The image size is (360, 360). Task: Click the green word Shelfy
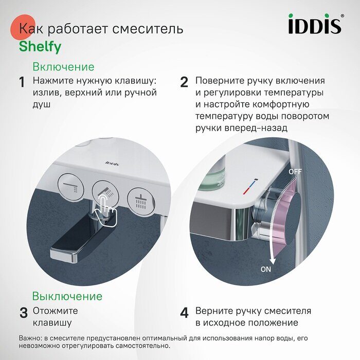point(40,47)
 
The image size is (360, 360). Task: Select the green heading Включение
point(63,67)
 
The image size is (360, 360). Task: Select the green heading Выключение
point(67,296)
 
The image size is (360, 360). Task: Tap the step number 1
point(22,82)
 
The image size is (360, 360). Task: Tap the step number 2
point(184,82)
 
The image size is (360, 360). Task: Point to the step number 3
point(23,313)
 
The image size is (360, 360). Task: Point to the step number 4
point(184,313)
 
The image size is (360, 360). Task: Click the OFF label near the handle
point(295,171)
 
